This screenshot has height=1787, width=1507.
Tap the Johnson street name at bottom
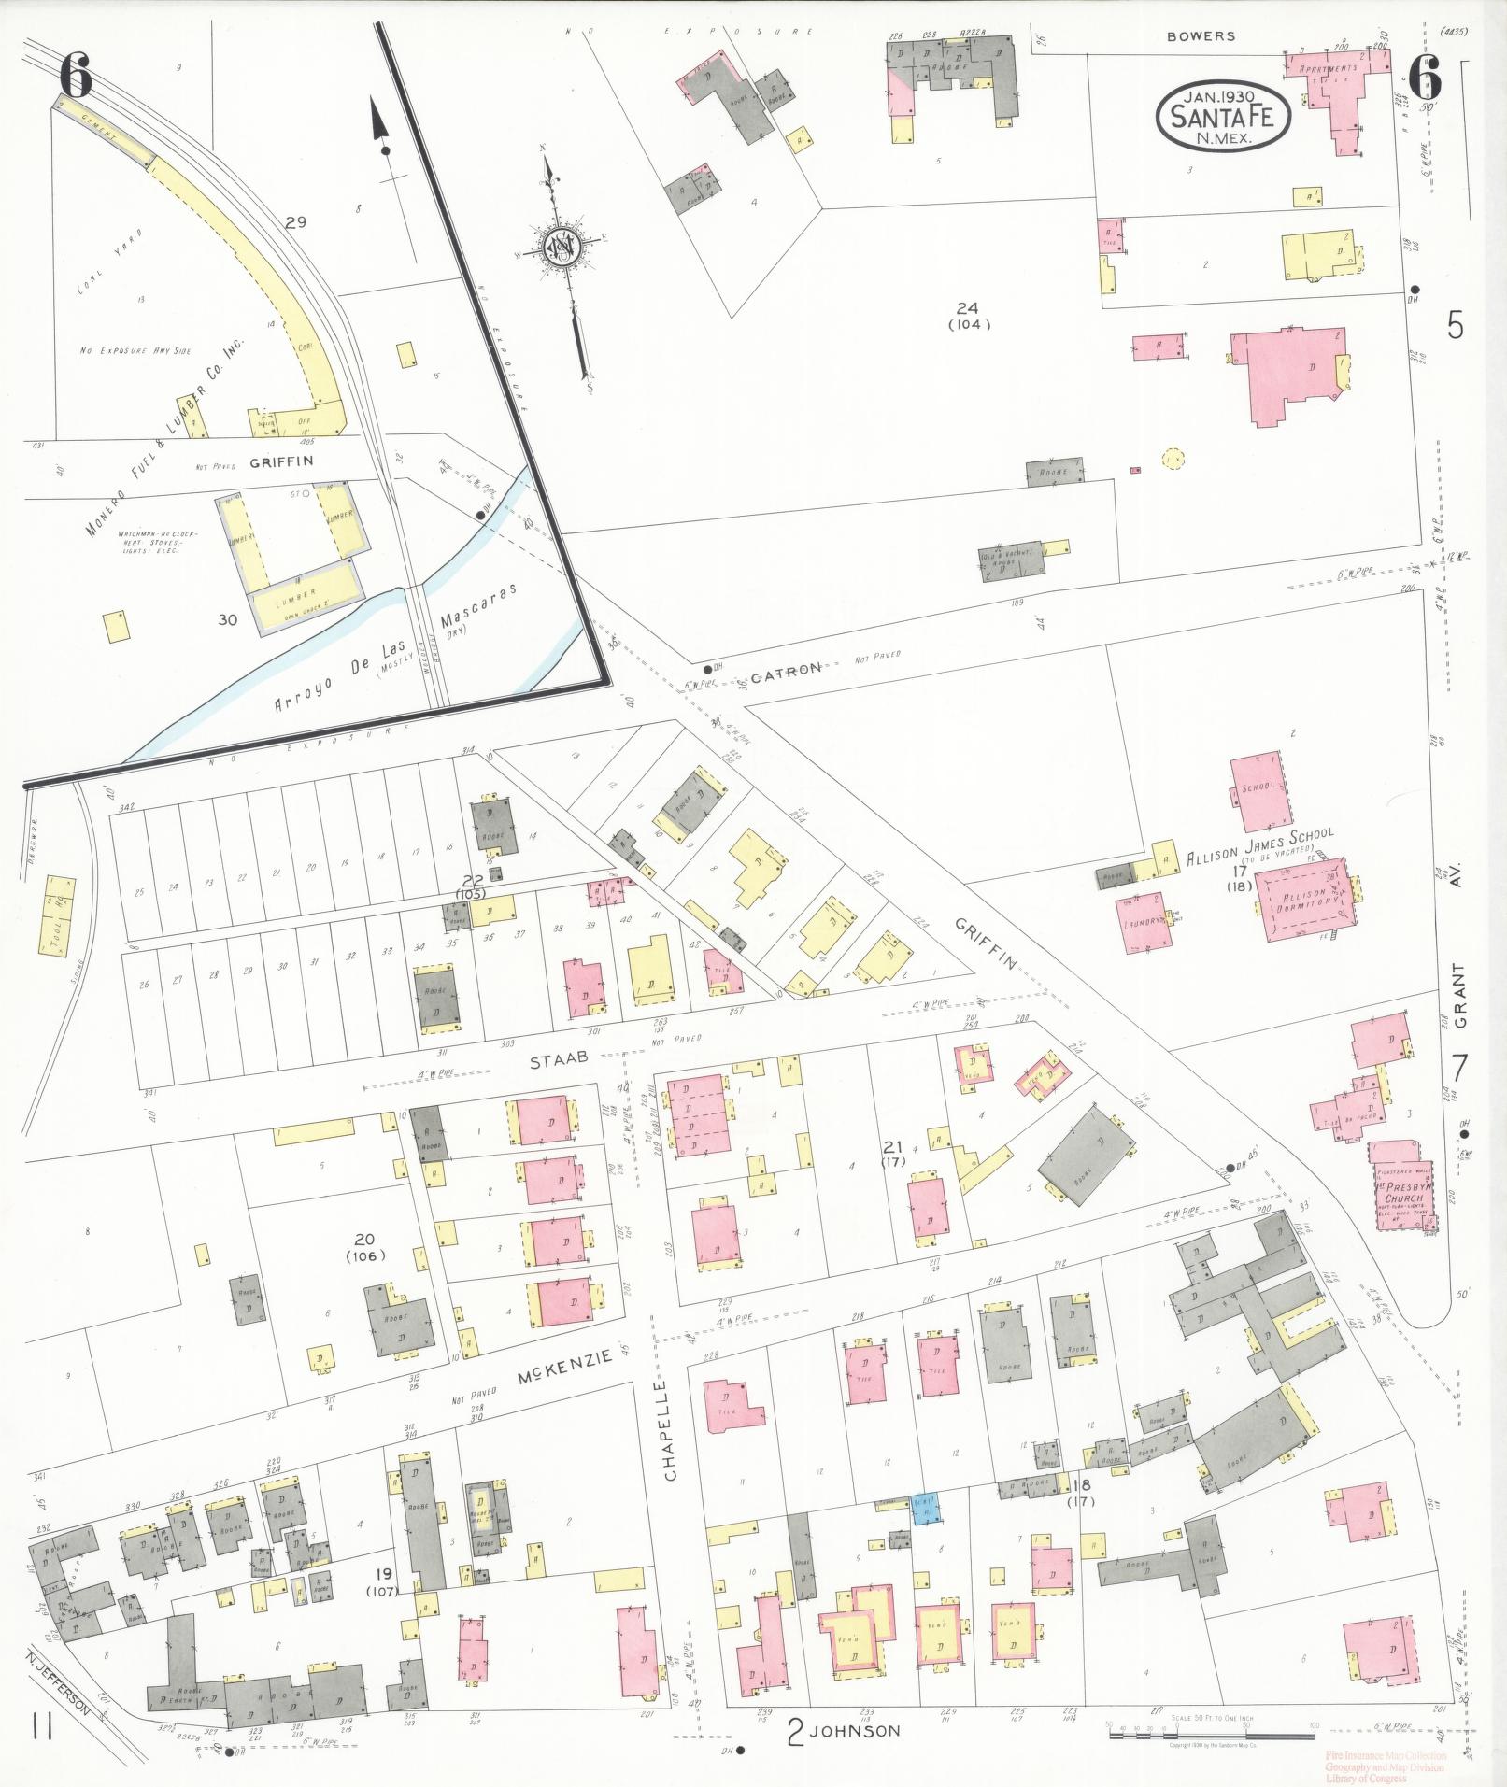[x=856, y=1731]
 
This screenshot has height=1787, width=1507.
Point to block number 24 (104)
[x=968, y=316]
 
